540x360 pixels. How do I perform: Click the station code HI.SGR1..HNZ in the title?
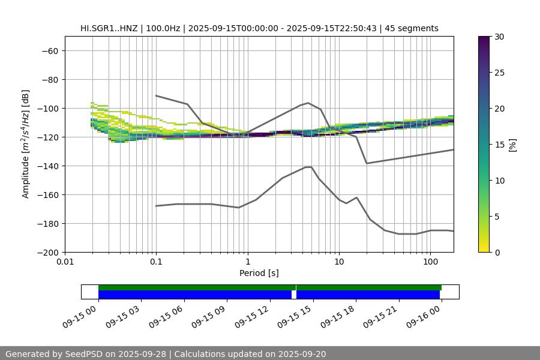coord(107,28)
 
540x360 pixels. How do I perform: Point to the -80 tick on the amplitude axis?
coord(49,79)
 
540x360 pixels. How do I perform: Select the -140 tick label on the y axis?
coord(47,166)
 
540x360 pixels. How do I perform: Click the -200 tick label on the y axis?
coord(47,252)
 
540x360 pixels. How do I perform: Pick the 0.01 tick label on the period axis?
coord(65,262)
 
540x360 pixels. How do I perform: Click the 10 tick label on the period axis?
coord(338,262)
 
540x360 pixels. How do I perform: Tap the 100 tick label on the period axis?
coord(430,262)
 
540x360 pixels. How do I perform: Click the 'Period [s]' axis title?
coord(259,273)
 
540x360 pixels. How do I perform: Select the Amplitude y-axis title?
coord(26,144)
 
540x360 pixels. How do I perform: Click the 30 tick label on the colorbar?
coord(499,37)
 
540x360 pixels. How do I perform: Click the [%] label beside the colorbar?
coord(512,145)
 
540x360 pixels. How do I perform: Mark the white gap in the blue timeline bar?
coord(294,295)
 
